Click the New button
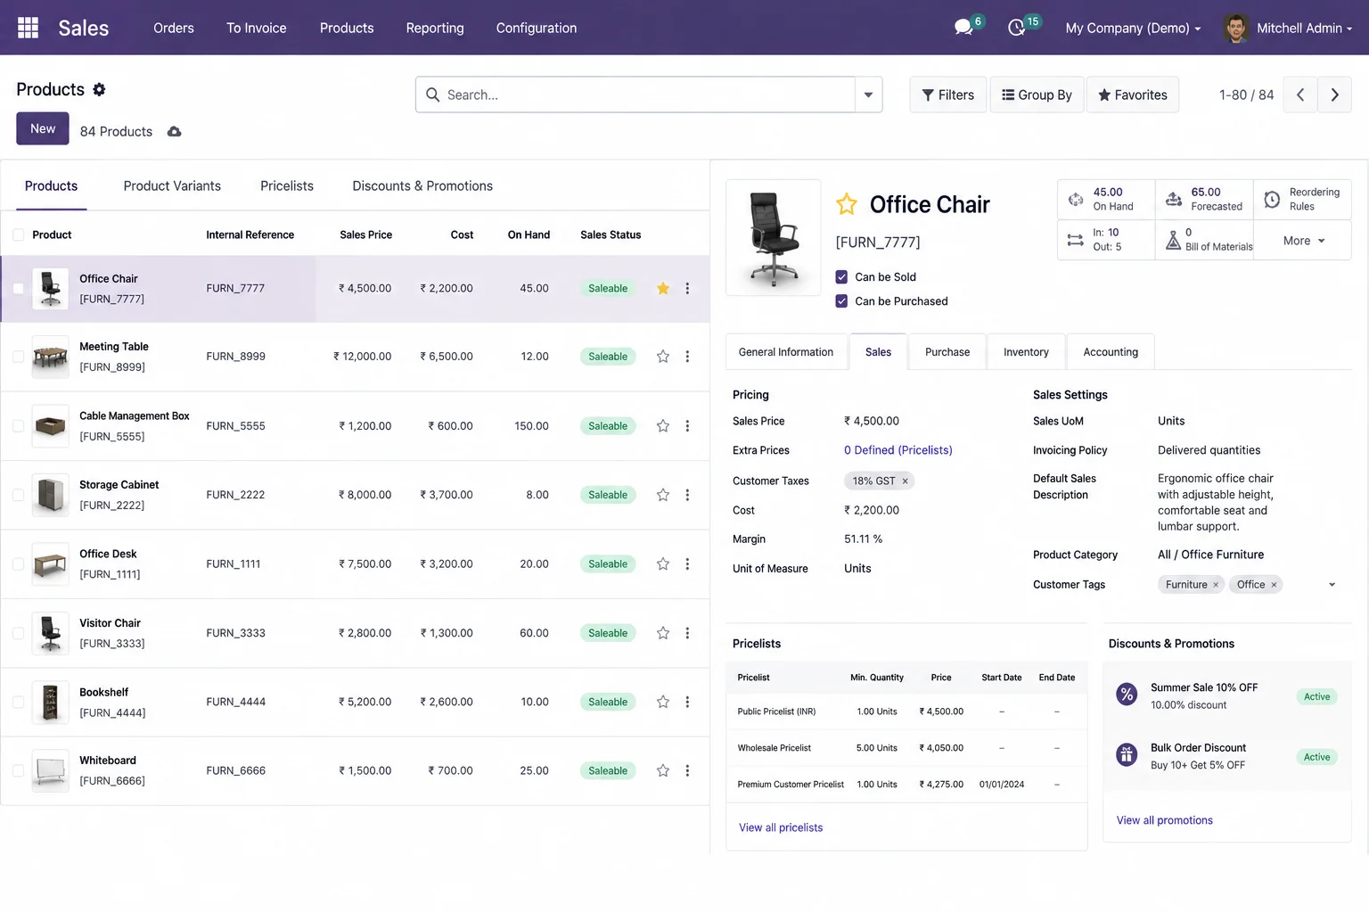click(x=42, y=128)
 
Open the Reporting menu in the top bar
click(x=435, y=29)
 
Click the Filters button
click(x=947, y=95)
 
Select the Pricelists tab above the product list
click(x=287, y=186)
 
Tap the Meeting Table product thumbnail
click(x=50, y=357)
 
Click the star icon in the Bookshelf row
click(x=663, y=702)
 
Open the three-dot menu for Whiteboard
click(x=687, y=770)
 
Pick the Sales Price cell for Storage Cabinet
click(x=365, y=495)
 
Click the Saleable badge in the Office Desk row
click(x=608, y=563)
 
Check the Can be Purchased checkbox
click(x=841, y=300)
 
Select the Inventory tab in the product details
click(x=1026, y=351)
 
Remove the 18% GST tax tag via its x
click(x=906, y=481)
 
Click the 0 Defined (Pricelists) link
click(x=898, y=450)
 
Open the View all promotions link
click(x=1164, y=820)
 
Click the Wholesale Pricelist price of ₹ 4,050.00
click(x=941, y=748)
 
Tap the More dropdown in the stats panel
click(x=1303, y=241)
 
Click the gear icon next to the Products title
click(x=99, y=90)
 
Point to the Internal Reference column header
click(x=250, y=234)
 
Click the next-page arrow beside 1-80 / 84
click(x=1335, y=95)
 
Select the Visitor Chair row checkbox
click(x=19, y=633)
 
